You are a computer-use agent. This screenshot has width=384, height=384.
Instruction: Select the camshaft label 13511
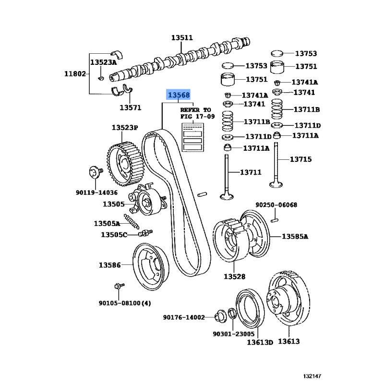pos(182,37)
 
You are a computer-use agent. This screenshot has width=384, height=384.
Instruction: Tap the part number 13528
pos(234,276)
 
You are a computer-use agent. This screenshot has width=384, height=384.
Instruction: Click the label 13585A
pos(295,236)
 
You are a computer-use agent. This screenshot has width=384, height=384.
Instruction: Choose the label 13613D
pos(260,342)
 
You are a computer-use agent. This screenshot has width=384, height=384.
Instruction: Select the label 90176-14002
pos(184,317)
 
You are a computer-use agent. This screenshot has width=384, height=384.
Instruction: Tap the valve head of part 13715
pos(276,186)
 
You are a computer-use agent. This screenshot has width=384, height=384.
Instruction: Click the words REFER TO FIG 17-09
pos(195,113)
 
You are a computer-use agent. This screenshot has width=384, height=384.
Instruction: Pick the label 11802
pos(75,74)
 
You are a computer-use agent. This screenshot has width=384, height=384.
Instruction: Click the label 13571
pos(130,108)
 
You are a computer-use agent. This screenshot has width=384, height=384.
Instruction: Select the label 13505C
pos(114,235)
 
